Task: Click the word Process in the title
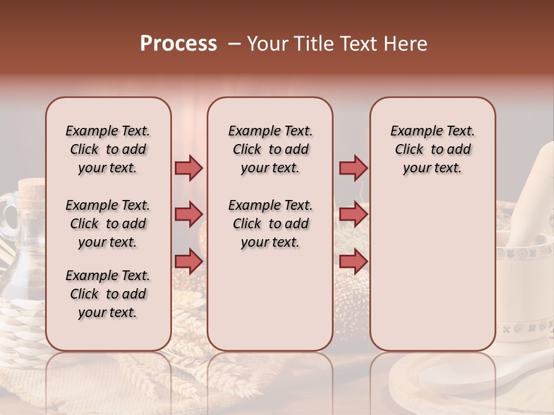178,44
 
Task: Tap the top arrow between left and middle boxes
189,168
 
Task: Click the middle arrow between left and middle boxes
189,214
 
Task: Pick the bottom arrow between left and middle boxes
189,261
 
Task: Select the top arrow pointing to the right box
353,168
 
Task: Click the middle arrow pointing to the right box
353,214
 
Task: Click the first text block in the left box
108,149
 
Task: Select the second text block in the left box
108,224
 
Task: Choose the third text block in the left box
108,294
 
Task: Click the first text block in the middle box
270,149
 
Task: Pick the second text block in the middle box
270,224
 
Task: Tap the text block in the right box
433,149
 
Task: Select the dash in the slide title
234,44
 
